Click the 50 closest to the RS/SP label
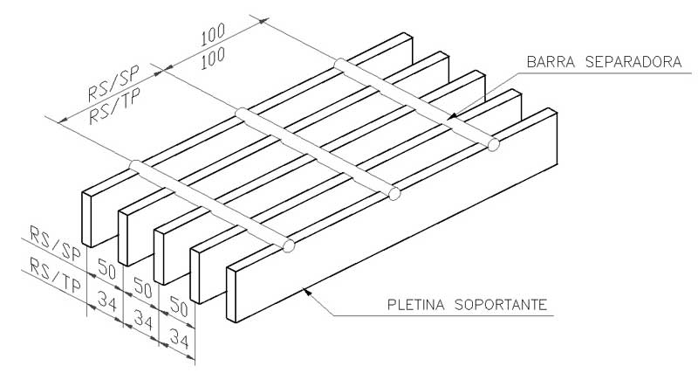point(105,267)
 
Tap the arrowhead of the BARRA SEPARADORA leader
point(450,116)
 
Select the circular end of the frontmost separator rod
point(290,248)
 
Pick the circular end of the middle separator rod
point(394,193)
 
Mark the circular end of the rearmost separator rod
point(494,144)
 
